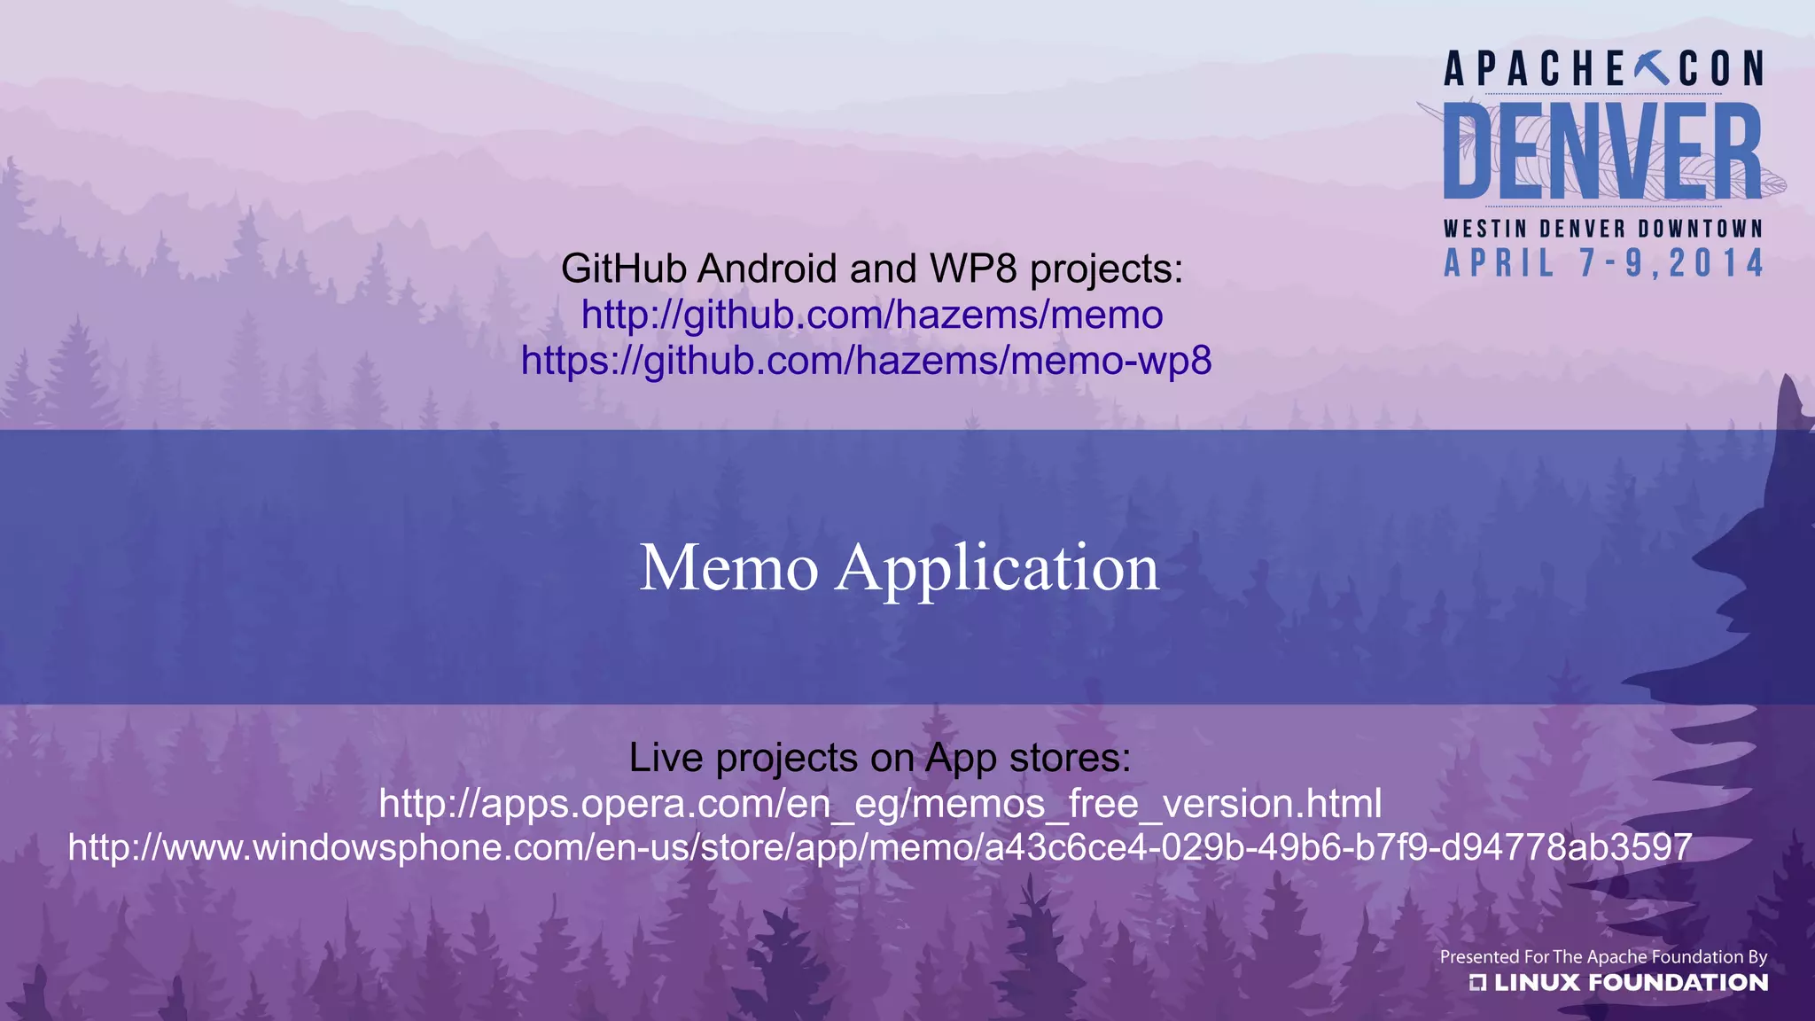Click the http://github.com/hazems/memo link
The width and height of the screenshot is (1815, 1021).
[x=872, y=316]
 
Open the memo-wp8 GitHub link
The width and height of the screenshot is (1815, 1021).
[x=866, y=362]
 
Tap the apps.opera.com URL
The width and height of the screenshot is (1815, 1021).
[x=880, y=804]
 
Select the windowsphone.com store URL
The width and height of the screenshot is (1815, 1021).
[x=880, y=847]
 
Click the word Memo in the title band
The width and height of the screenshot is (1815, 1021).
[x=728, y=567]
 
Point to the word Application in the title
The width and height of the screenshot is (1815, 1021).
[x=997, y=569]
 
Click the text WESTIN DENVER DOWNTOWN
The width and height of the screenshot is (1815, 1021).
[x=1602, y=229]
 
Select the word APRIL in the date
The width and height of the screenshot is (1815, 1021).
[x=1499, y=263]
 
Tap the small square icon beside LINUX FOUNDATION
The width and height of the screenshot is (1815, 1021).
[x=1477, y=982]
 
